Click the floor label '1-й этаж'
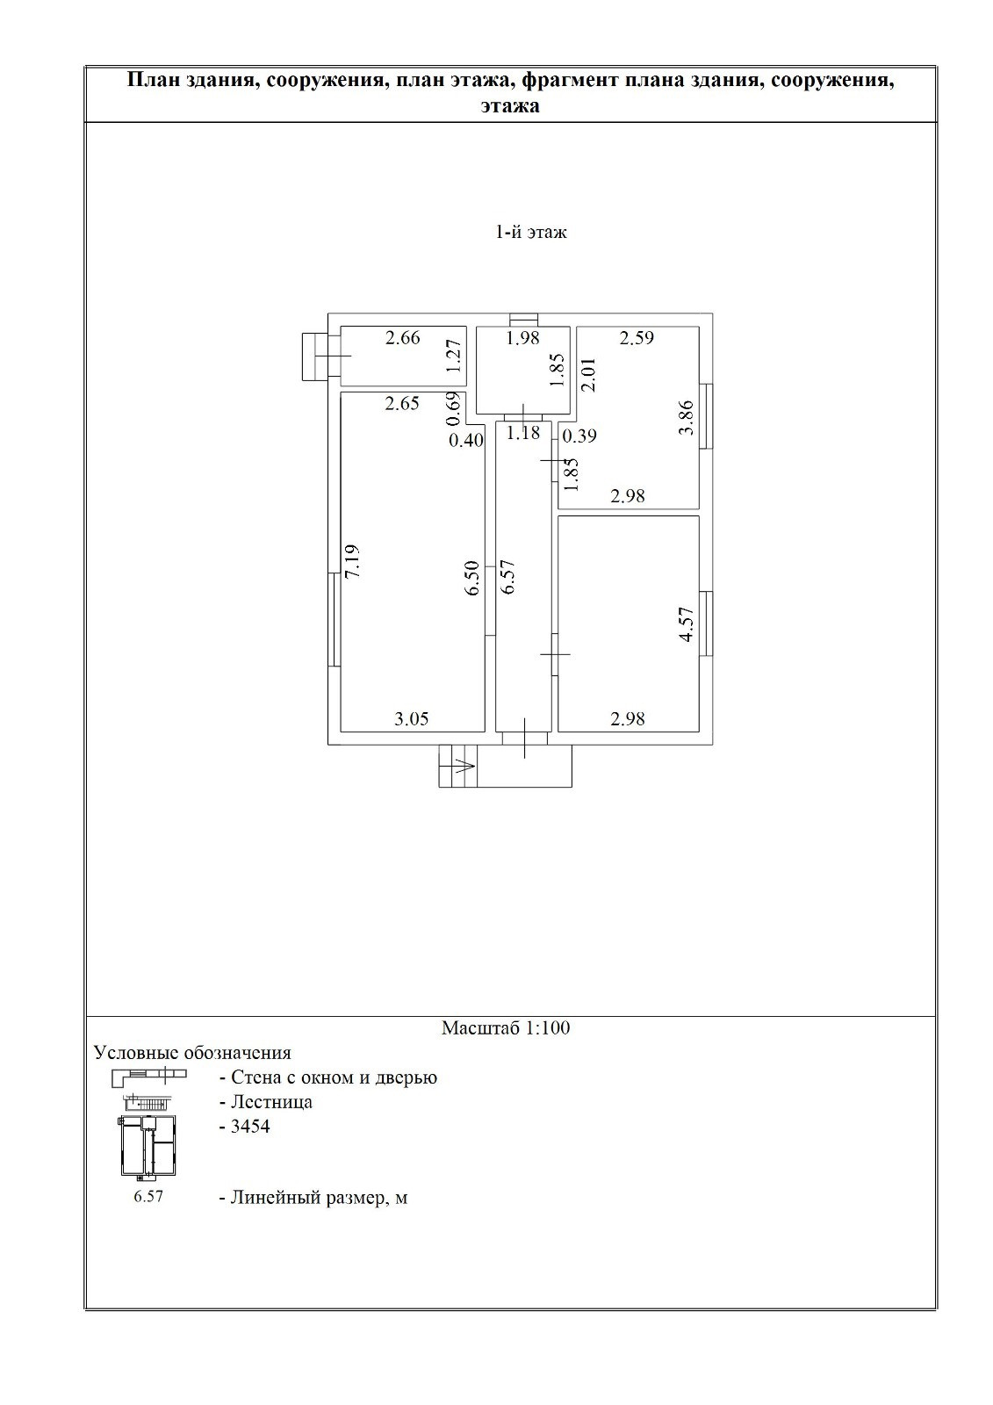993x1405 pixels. [x=530, y=233]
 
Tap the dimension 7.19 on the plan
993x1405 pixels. [x=352, y=561]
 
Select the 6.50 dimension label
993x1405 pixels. [x=471, y=579]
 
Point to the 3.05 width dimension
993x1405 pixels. [x=412, y=719]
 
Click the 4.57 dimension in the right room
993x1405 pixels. [x=687, y=624]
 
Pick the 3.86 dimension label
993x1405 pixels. [x=687, y=418]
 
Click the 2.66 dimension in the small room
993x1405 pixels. [x=403, y=338]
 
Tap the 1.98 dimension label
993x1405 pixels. [x=522, y=338]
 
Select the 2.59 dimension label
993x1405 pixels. [x=637, y=338]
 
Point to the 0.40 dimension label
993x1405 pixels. [x=466, y=441]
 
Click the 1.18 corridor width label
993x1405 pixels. [x=522, y=433]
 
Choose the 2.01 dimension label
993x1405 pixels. [x=588, y=374]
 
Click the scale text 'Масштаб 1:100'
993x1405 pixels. [x=506, y=1027]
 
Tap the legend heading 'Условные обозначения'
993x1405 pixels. [x=192, y=1053]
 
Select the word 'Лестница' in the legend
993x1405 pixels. [x=271, y=1101]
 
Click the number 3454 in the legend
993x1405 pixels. [x=250, y=1127]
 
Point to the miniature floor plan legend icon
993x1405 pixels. [x=148, y=1146]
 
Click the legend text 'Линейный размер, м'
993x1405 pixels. [x=320, y=1198]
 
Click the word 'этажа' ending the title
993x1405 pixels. [x=510, y=106]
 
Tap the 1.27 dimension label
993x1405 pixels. [x=454, y=356]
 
